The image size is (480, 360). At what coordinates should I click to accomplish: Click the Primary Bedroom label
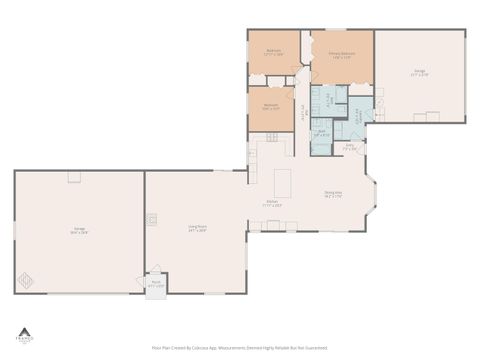pos(341,56)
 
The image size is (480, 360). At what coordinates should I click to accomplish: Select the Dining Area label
pos(333,194)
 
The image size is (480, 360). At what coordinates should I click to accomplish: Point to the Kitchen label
pos(272,205)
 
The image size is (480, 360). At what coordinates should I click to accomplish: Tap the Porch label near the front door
pos(157,283)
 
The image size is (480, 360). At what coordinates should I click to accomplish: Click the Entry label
pos(350,147)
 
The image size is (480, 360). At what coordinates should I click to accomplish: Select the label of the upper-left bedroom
pos(273,51)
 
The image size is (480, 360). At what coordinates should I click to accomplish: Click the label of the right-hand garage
pos(420,72)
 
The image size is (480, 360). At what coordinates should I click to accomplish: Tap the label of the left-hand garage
pos(79,231)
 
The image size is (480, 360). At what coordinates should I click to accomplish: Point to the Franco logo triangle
pos(23,329)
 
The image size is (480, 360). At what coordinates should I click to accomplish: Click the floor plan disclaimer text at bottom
pos(240,348)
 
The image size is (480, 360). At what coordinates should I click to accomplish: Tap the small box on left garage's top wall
pos(73,177)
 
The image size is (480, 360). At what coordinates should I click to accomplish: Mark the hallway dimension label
pos(303,111)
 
